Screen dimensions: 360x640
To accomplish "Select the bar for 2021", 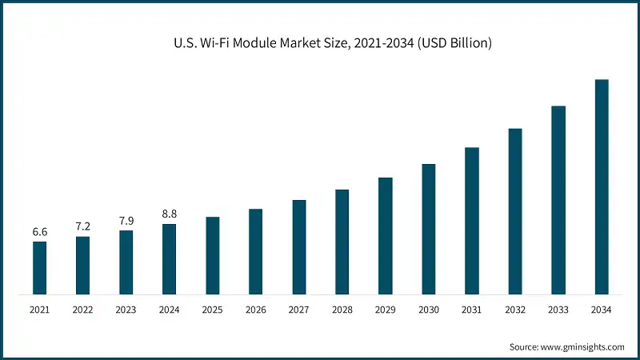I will tap(39, 267).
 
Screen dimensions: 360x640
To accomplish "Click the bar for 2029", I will tap(386, 235).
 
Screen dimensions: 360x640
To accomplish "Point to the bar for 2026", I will tap(255, 251).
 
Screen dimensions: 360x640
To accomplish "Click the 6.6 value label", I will tap(39, 232).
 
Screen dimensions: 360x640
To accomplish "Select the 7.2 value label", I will tap(82, 227).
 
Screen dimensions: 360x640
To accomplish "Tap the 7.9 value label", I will tap(126, 221).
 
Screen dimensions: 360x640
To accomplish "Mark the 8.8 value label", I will tap(169, 214).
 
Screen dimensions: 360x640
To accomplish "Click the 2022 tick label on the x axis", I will tap(82, 309).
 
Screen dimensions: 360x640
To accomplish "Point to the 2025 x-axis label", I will tap(212, 309).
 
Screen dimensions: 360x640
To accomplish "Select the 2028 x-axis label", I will tap(342, 309).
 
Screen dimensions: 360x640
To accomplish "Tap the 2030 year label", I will tap(428, 309).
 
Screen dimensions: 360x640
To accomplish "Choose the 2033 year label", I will tap(558, 309).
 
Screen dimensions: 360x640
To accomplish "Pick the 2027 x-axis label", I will tap(298, 309).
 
